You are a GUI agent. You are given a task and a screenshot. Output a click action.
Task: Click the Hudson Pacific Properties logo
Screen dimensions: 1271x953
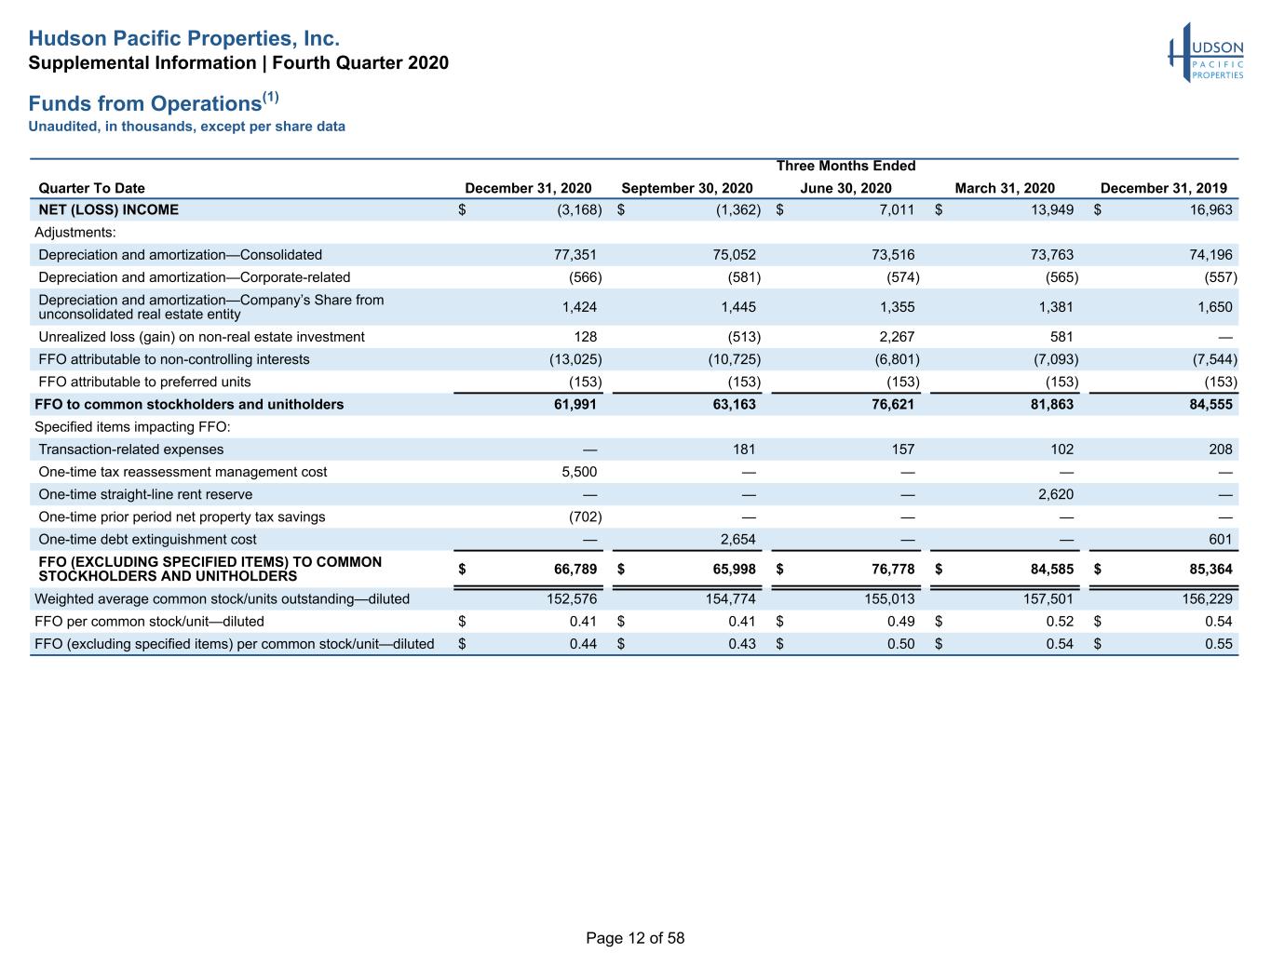tap(1206, 53)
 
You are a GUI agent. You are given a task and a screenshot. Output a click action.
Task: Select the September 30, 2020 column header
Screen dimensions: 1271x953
tap(687, 188)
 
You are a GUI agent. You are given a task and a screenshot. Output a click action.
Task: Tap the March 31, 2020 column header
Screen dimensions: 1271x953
tap(1005, 188)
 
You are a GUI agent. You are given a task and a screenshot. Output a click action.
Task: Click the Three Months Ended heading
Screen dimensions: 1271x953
tap(846, 166)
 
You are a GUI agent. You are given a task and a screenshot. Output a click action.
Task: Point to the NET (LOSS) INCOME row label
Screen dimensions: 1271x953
tap(108, 209)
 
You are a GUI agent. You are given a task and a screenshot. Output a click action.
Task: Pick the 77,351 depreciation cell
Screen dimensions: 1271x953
tap(575, 255)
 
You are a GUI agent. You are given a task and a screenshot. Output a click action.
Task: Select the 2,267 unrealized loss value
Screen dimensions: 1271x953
tap(897, 337)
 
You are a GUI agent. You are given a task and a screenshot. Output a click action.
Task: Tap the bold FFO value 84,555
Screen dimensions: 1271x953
tap(1210, 405)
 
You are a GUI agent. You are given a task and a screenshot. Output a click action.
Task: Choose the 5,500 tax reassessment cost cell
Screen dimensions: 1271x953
tap(579, 472)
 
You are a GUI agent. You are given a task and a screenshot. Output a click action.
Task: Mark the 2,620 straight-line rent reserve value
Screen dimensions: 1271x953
tap(1056, 495)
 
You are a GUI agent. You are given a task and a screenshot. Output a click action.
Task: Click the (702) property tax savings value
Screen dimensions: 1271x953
tap(585, 517)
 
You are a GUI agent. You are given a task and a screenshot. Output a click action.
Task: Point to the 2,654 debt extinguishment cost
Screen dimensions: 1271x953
tap(737, 539)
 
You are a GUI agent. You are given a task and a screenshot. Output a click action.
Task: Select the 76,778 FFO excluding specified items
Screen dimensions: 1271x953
tap(893, 570)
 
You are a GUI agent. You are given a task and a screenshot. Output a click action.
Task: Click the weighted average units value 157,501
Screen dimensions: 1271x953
tap(1048, 598)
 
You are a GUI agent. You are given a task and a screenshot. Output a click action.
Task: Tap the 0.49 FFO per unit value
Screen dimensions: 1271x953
tap(901, 622)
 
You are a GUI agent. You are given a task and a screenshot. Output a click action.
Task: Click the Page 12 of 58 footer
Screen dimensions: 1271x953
tap(635, 938)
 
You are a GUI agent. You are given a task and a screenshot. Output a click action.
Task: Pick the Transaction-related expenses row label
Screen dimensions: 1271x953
tap(131, 450)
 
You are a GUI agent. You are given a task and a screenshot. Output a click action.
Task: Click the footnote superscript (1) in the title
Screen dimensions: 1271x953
tap(271, 97)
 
